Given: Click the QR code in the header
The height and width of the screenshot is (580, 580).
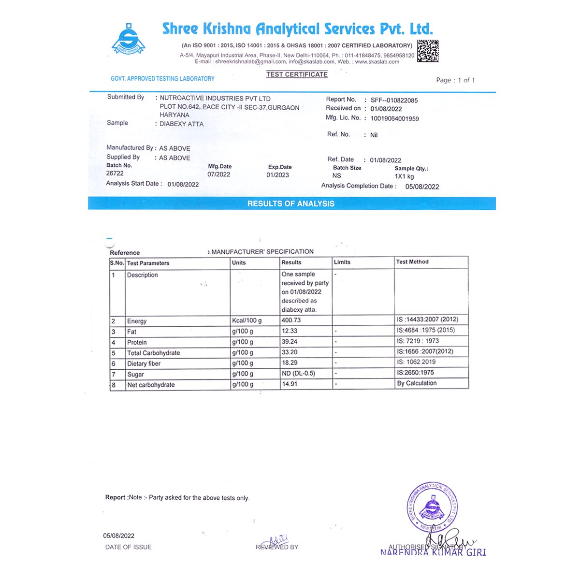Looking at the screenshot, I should [x=428, y=51].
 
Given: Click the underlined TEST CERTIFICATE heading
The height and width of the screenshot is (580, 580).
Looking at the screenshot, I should [x=297, y=74].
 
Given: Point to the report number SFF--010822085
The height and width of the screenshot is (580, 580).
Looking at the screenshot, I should [x=394, y=101].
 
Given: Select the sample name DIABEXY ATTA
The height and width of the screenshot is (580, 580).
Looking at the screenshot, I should [x=182, y=124].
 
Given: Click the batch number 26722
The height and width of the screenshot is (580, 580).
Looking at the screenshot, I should [x=115, y=174].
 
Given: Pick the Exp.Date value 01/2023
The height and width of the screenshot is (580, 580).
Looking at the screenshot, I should [x=277, y=175].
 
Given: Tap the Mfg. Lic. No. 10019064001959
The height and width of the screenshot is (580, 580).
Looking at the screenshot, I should [x=394, y=118].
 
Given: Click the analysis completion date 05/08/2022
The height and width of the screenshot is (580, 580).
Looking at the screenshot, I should [x=422, y=187].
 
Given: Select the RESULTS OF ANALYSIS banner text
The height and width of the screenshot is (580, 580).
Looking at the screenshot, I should [x=291, y=203].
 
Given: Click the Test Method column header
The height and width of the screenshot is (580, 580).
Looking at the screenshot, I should [x=412, y=262].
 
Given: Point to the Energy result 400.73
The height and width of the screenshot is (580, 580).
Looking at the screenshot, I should [x=291, y=320].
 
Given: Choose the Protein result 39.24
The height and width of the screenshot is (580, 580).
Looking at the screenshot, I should [x=290, y=342].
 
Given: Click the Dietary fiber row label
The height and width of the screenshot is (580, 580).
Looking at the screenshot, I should [x=144, y=363].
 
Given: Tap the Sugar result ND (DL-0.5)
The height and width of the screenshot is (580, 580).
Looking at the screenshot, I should [x=298, y=374].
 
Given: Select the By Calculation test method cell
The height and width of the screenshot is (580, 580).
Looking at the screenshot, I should [x=417, y=383].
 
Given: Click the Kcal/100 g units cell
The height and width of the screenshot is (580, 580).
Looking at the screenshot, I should [x=246, y=320].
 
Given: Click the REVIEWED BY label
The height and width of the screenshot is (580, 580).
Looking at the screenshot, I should [x=277, y=547].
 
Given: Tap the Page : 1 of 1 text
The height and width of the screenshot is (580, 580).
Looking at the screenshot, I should [x=455, y=80].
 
